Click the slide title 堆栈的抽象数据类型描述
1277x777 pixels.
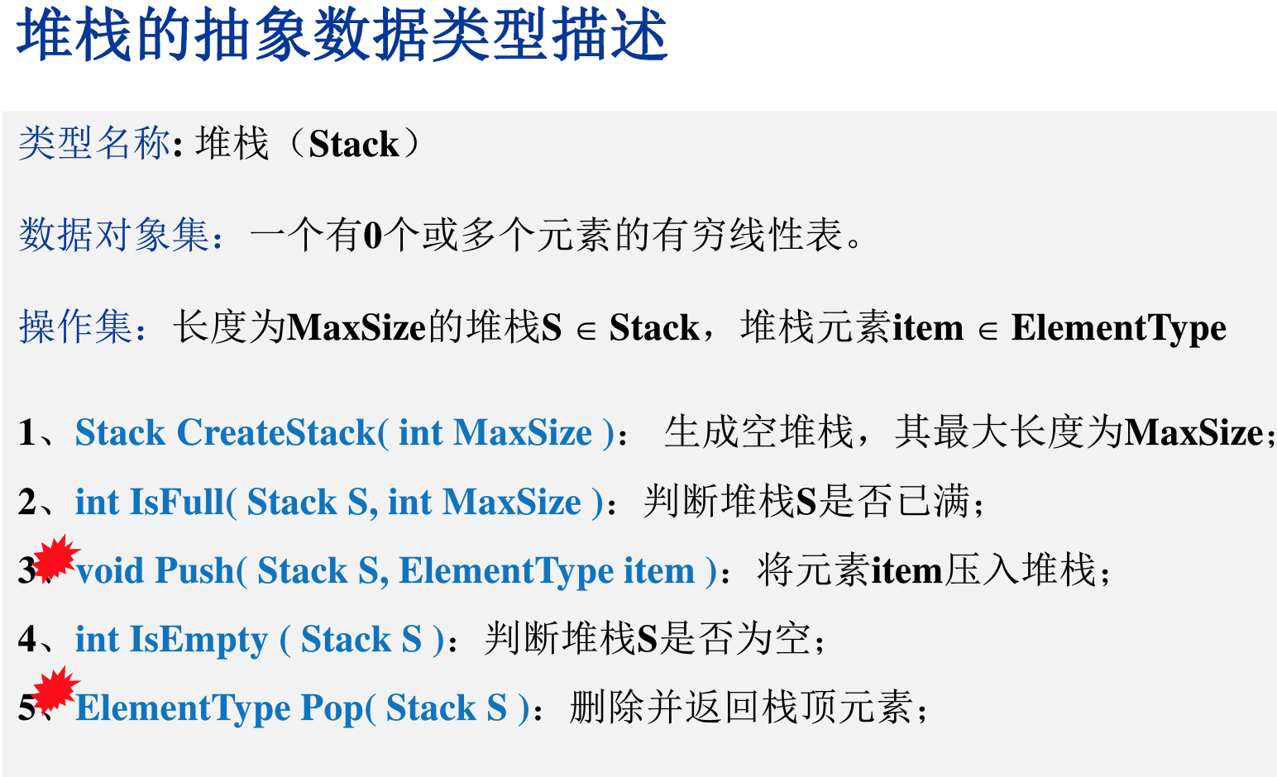point(342,36)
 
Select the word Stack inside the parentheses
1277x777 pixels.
point(353,144)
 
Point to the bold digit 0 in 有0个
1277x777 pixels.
point(372,236)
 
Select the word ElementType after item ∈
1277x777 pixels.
point(1118,329)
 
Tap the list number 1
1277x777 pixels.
point(26,432)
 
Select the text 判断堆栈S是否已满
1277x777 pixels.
point(806,501)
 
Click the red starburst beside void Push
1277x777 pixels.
point(56,557)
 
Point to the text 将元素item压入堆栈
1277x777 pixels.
point(926,570)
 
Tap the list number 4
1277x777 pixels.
point(27,639)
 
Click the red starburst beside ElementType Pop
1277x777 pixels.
point(56,689)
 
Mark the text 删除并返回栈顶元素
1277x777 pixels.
point(741,707)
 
